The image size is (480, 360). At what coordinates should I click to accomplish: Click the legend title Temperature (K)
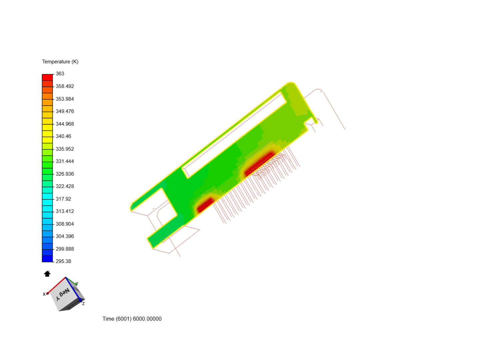(x=60, y=62)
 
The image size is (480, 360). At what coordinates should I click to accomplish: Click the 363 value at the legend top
(x=60, y=74)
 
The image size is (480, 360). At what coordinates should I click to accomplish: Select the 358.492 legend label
(x=65, y=86)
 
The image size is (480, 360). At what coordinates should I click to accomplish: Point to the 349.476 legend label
(x=65, y=111)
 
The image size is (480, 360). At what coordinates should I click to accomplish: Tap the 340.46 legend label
(x=63, y=136)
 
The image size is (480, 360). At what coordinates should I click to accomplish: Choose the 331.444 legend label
(x=65, y=161)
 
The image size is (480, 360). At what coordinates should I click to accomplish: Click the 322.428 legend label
(x=65, y=186)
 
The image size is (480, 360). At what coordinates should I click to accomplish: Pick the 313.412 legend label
(x=65, y=211)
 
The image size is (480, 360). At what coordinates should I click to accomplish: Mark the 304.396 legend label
(x=65, y=236)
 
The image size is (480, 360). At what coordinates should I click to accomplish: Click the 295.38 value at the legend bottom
(x=63, y=261)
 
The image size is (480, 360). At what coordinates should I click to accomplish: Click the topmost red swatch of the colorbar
(x=47, y=77)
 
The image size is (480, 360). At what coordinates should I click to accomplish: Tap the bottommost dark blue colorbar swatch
(x=47, y=259)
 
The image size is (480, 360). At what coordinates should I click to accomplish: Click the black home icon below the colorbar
(x=47, y=274)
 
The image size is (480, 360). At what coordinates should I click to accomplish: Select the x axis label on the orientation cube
(x=44, y=294)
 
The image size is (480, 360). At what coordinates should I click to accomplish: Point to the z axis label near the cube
(x=83, y=303)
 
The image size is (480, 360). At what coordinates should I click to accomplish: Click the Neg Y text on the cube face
(x=63, y=294)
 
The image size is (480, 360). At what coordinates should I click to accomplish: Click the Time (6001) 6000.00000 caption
(x=132, y=319)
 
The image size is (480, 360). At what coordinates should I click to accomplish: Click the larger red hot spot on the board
(x=259, y=164)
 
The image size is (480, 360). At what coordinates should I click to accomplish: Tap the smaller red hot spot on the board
(x=205, y=205)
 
